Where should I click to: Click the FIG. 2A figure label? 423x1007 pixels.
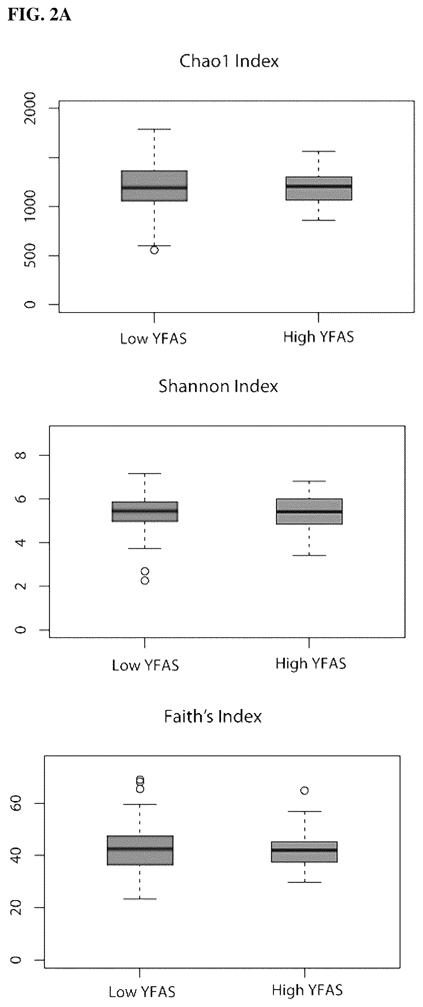[39, 15]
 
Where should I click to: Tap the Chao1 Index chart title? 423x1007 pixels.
[229, 61]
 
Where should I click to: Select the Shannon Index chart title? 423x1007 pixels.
[218, 386]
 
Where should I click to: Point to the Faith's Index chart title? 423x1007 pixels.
[213, 716]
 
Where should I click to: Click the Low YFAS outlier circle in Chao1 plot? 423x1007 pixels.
[154, 250]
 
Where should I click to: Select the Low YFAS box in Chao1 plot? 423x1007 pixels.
[154, 186]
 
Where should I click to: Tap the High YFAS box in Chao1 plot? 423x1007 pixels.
[319, 189]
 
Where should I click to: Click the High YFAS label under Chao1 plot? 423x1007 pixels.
[319, 337]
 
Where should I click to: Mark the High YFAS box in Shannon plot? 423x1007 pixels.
[309, 511]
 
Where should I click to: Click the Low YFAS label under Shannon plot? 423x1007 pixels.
[146, 665]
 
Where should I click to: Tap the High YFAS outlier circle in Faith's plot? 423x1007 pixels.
[305, 791]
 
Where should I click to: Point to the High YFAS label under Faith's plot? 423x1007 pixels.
[307, 990]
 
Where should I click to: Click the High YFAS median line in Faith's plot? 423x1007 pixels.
[305, 850]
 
